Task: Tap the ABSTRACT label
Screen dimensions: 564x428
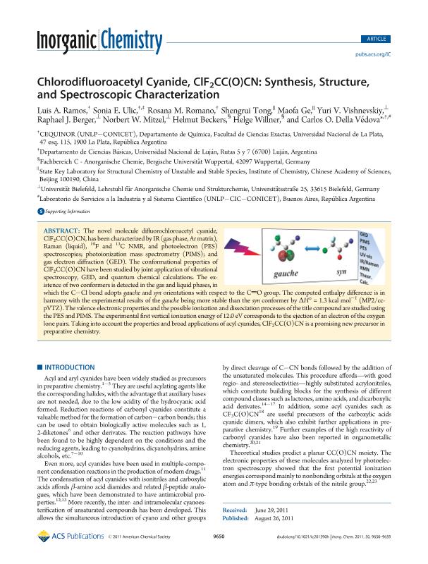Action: point(64,211)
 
